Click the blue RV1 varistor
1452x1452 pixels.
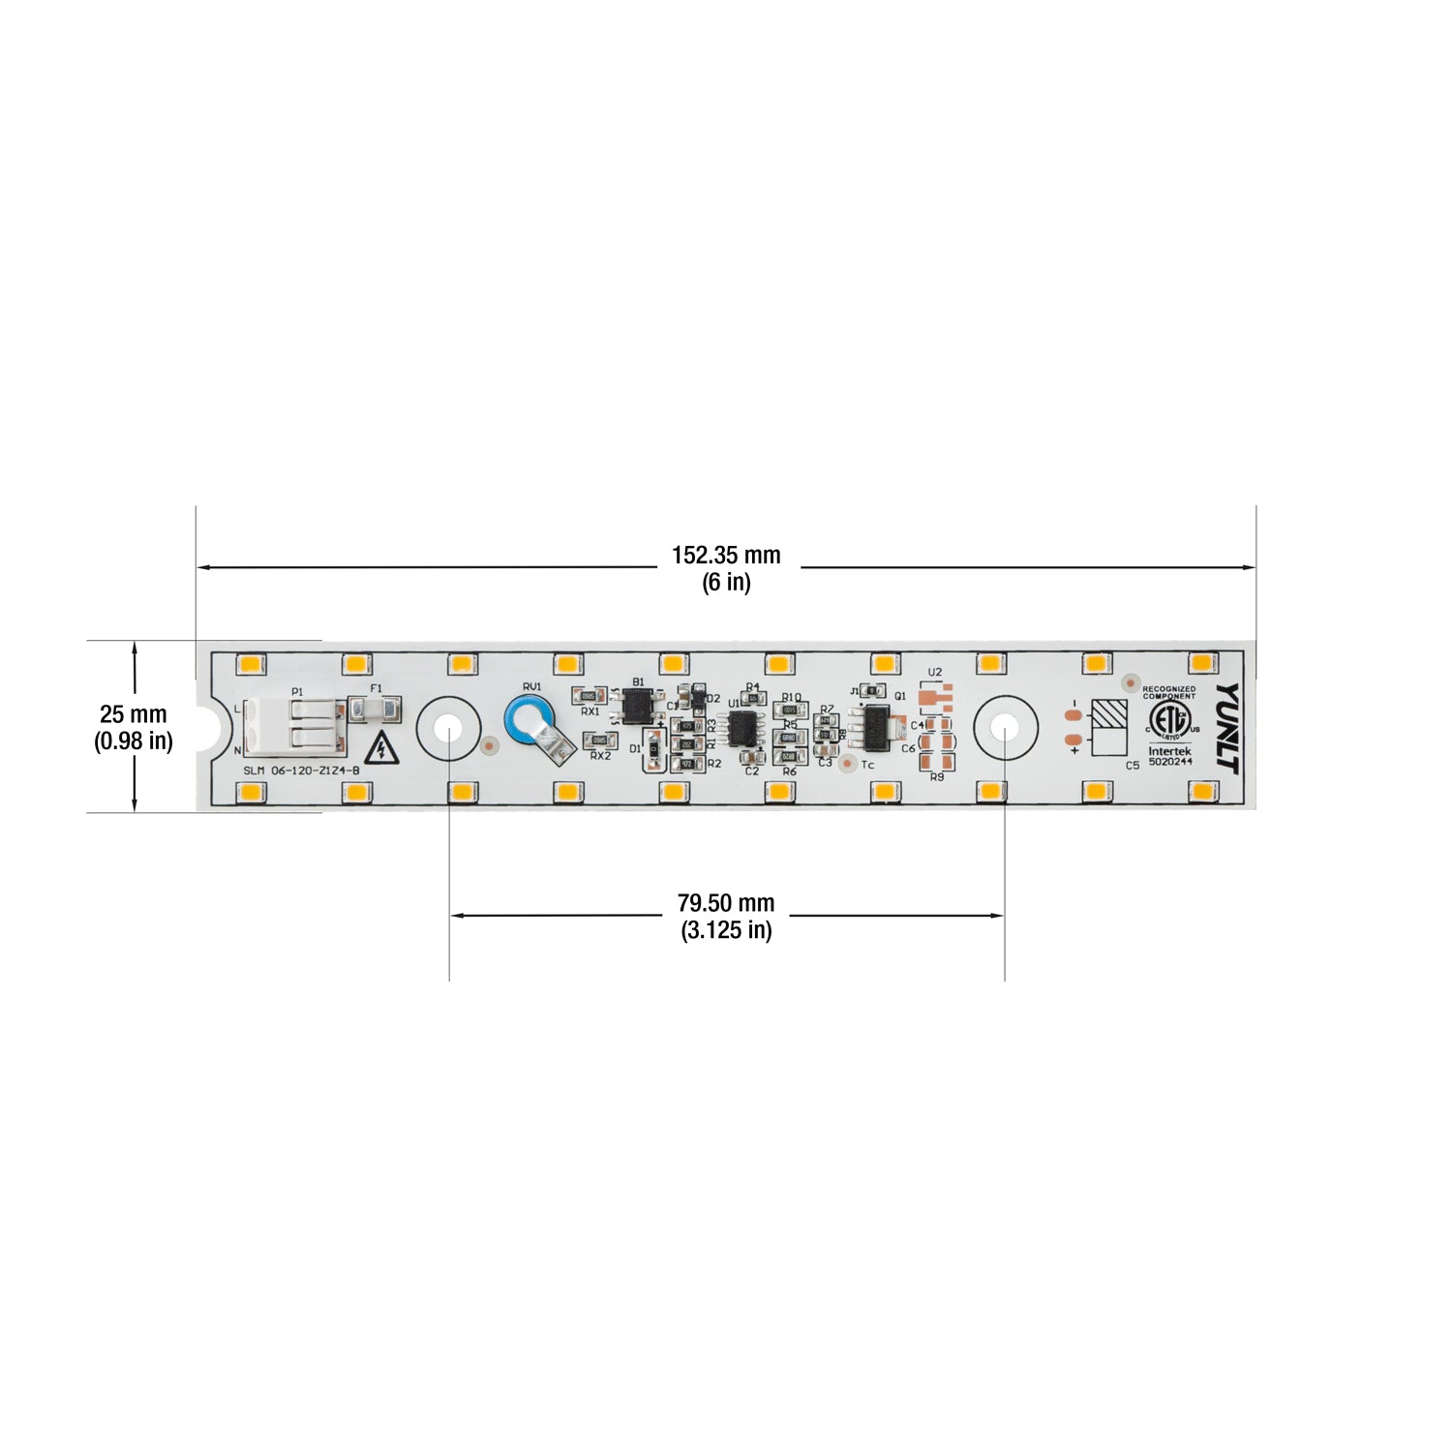pyautogui.click(x=529, y=721)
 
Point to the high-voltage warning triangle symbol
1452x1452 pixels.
pyautogui.click(x=384, y=748)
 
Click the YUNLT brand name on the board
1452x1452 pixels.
pyautogui.click(x=1227, y=727)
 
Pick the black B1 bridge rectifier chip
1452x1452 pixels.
pyautogui.click(x=638, y=707)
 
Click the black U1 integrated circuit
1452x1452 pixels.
pyautogui.click(x=743, y=728)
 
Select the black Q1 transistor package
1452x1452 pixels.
pyautogui.click(x=875, y=727)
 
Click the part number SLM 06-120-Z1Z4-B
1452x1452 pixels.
pyautogui.click(x=302, y=771)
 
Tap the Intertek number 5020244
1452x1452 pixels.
pyautogui.click(x=1170, y=762)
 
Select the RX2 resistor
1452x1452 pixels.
pyautogui.click(x=601, y=741)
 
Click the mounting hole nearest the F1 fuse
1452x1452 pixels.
pyautogui.click(x=449, y=727)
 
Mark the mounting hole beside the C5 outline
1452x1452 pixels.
pyautogui.click(x=1005, y=727)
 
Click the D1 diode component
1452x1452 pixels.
pyautogui.click(x=654, y=748)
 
